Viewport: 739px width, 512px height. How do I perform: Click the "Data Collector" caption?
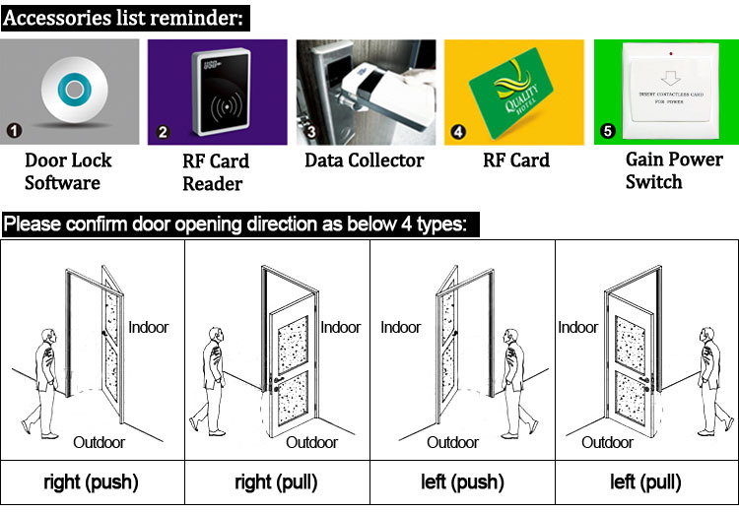click(365, 160)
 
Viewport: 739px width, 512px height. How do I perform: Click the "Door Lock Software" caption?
click(68, 171)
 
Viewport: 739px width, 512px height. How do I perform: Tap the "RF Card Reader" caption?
click(216, 171)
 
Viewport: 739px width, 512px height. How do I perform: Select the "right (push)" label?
click(91, 482)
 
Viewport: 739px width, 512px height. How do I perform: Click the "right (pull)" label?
click(277, 482)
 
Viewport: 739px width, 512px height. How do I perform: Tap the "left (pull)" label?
click(645, 482)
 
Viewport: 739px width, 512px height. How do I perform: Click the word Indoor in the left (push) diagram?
click(400, 328)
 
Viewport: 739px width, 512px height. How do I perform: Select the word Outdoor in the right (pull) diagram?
click(312, 442)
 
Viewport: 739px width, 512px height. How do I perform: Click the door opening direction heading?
click(240, 224)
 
